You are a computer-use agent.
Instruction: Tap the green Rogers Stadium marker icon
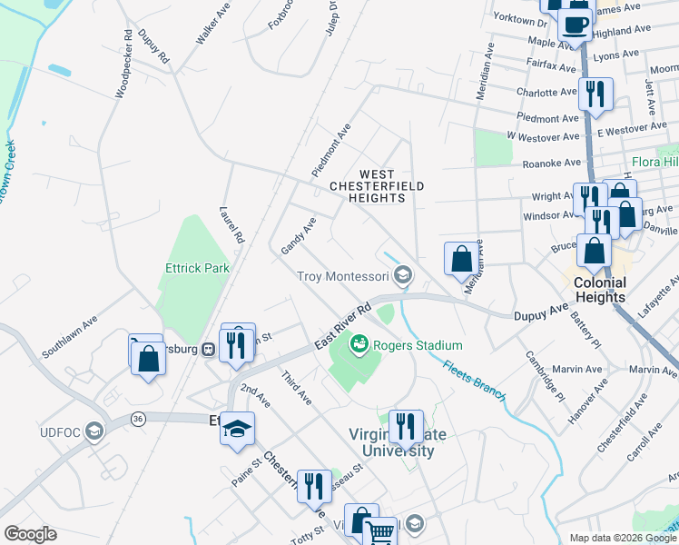click(359, 344)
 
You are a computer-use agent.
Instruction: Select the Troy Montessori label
click(343, 275)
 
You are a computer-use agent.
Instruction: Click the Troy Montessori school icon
click(403, 275)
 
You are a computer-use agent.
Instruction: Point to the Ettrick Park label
click(197, 268)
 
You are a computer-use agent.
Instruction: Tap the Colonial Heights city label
click(600, 290)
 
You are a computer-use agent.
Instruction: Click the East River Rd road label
click(343, 325)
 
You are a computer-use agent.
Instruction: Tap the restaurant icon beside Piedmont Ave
click(595, 94)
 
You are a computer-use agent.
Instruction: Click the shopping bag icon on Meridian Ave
click(461, 258)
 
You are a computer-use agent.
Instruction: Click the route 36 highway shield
click(137, 418)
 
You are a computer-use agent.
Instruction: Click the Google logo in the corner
click(30, 534)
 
